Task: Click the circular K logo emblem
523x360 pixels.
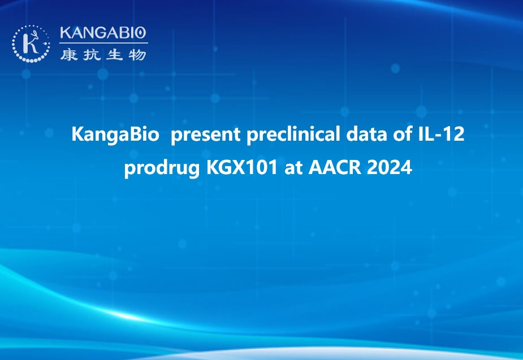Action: [31, 44]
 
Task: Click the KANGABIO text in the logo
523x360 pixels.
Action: [103, 33]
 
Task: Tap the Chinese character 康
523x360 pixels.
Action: [69, 55]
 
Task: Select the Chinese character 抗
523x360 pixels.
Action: [92, 55]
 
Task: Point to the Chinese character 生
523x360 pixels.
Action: [114, 55]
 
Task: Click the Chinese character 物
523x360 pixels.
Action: [137, 55]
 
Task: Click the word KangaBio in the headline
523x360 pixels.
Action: [115, 135]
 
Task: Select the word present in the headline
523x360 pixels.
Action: [205, 135]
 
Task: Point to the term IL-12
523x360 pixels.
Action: [441, 134]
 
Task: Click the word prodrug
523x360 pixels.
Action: [162, 167]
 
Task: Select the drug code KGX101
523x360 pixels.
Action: [242, 167]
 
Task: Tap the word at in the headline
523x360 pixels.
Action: [293, 168]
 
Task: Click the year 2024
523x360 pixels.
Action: [389, 167]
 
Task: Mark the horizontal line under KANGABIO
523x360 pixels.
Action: [103, 43]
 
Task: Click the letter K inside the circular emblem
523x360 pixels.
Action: [31, 43]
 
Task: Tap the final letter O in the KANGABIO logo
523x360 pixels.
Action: [141, 33]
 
